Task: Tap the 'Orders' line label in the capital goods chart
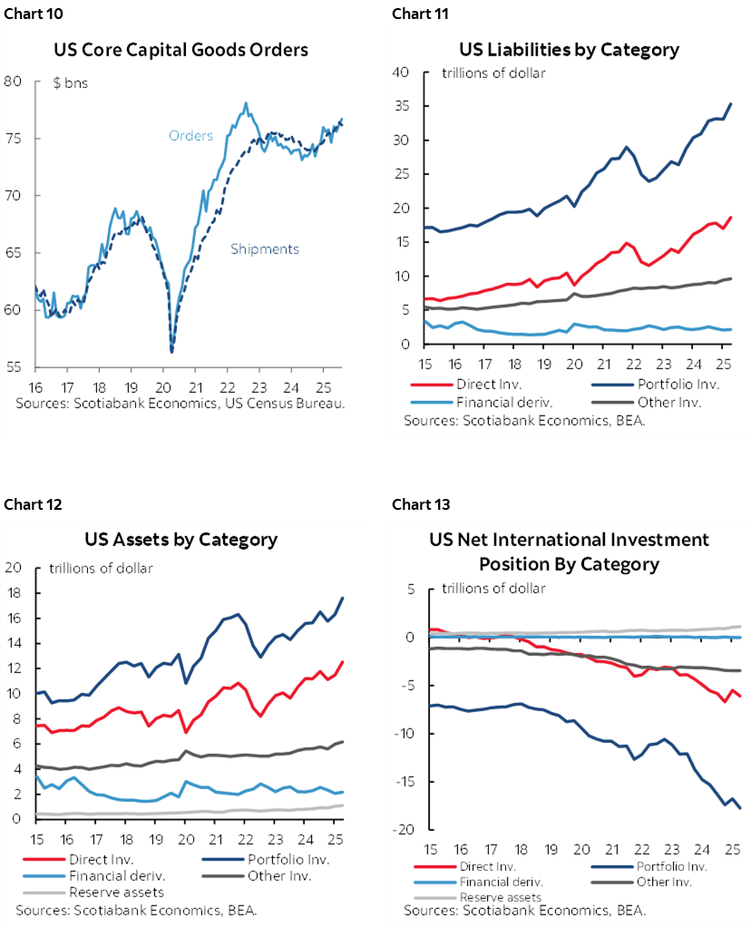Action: click(190, 136)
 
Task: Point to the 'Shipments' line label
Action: click(264, 249)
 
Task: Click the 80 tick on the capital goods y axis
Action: click(14, 81)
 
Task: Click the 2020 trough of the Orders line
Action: click(172, 351)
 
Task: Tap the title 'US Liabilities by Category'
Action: click(570, 49)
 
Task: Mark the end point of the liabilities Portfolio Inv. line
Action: click(731, 104)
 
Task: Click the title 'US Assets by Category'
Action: click(180, 539)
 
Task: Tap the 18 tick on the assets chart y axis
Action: click(14, 593)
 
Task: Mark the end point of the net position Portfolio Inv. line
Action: click(740, 807)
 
